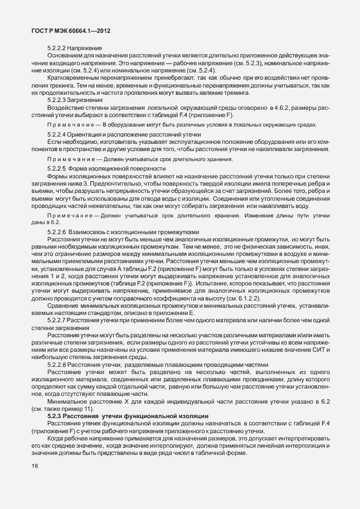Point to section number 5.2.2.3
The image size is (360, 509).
(x=57, y=99)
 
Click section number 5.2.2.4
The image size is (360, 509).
(x=57, y=135)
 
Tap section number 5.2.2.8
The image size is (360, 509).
(x=57, y=363)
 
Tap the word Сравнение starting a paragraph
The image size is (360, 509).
(x=65, y=307)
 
